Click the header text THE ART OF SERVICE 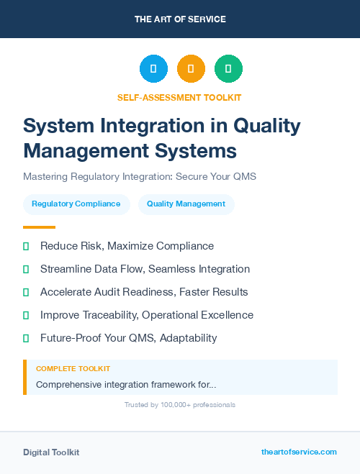click(179, 19)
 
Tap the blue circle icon click(153, 69)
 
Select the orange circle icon click(191, 69)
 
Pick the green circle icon click(228, 69)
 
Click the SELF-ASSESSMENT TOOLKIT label click(179, 97)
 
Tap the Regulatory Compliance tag click(76, 204)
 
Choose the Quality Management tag click(186, 204)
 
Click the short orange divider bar click(35, 227)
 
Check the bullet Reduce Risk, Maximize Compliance click(127, 246)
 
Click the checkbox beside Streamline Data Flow click(26, 269)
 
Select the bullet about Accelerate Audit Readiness click(144, 292)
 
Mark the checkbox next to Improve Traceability click(26, 315)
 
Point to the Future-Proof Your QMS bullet click(128, 338)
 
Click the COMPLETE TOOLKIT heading click(73, 369)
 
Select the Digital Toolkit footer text click(51, 452)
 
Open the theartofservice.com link click(299, 452)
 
